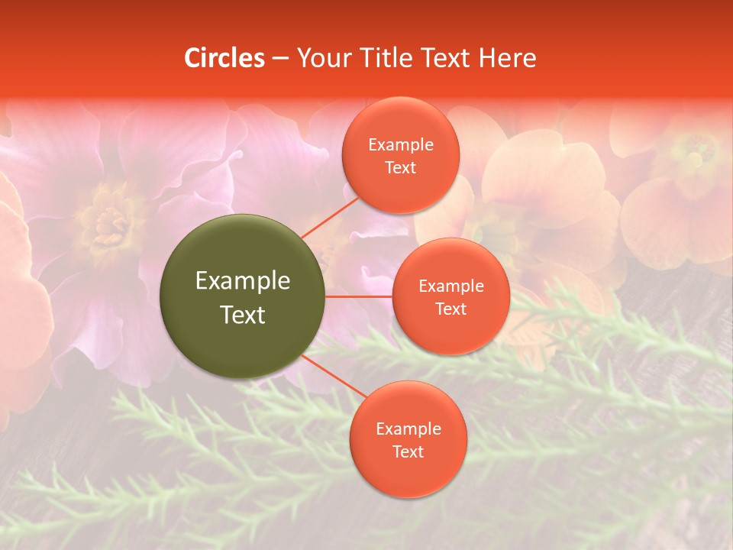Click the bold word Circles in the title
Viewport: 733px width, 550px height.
[224, 58]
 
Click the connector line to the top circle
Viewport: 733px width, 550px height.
[331, 217]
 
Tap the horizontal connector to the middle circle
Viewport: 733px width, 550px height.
[359, 296]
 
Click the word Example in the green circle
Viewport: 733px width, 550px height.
[243, 281]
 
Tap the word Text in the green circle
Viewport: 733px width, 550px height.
[243, 315]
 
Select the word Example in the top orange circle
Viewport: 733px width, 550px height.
[401, 145]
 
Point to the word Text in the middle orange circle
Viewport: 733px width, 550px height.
[450, 309]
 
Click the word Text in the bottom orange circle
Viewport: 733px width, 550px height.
[408, 452]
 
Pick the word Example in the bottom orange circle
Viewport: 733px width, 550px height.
[408, 429]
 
